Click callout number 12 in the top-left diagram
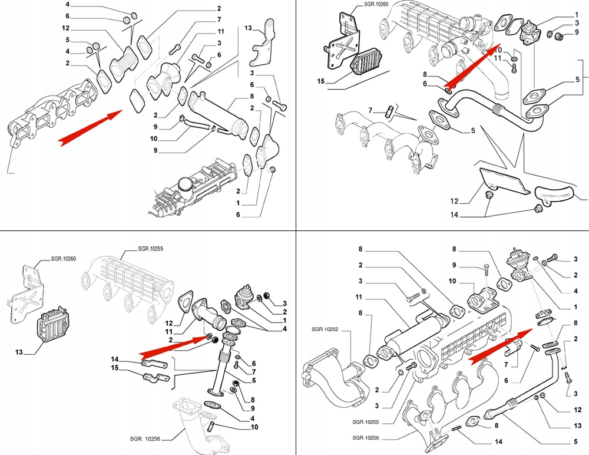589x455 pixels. [65, 28]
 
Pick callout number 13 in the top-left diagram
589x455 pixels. [248, 28]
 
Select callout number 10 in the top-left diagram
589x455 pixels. [153, 139]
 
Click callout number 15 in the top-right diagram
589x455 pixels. [320, 81]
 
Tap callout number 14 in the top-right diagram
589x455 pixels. [454, 215]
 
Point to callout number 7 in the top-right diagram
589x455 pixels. [371, 110]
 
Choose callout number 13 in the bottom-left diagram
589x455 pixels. [18, 352]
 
